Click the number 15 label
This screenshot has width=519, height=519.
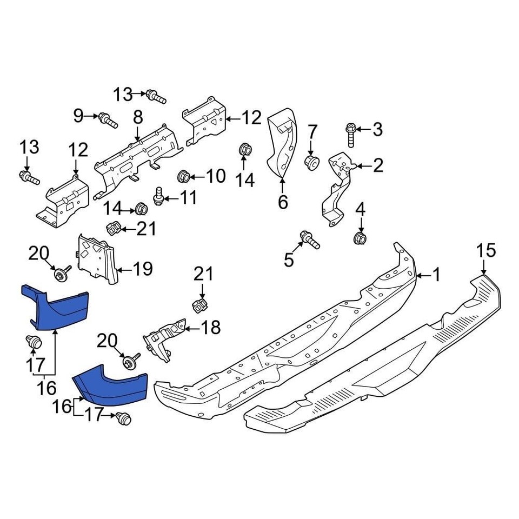[485, 251]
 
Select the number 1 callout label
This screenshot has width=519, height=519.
[436, 276]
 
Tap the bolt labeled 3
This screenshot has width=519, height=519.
[350, 135]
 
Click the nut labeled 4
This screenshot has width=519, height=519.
[361, 238]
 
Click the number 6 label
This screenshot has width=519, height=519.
[283, 203]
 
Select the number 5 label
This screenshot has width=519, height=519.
[289, 260]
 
